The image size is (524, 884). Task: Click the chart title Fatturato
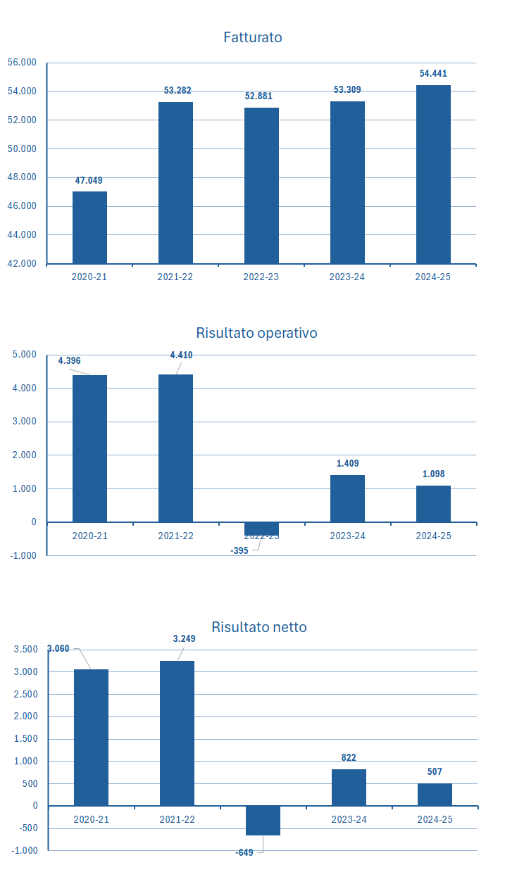tap(253, 37)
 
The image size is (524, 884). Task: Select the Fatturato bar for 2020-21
tap(89, 227)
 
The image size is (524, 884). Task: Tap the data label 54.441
tap(433, 73)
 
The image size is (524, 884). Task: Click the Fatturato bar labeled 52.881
tap(261, 186)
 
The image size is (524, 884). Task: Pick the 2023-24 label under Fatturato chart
tap(347, 277)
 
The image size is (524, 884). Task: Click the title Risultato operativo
tap(256, 333)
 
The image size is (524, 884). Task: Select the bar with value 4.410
tap(175, 448)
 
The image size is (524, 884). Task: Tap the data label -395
tap(239, 550)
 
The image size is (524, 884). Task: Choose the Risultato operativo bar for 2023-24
tap(347, 498)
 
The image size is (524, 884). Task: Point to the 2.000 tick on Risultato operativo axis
tap(24, 455)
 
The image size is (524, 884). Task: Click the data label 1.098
tap(433, 474)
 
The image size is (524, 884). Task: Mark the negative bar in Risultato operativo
tap(261, 529)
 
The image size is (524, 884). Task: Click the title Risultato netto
tap(259, 627)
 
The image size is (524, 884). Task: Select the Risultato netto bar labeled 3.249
tap(177, 733)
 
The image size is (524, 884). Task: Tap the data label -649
tap(244, 852)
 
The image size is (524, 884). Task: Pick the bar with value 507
tap(435, 795)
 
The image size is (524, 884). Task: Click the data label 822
tap(349, 757)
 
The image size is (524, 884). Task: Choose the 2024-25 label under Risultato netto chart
tap(435, 819)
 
